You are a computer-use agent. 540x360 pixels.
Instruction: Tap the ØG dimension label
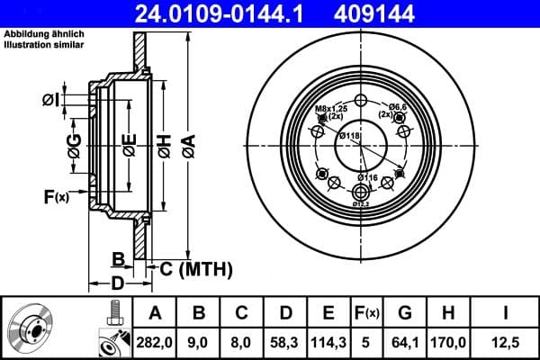tap(74, 143)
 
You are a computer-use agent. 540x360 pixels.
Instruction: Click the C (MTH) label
tap(197, 268)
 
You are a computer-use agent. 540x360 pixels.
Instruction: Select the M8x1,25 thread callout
tap(329, 111)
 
